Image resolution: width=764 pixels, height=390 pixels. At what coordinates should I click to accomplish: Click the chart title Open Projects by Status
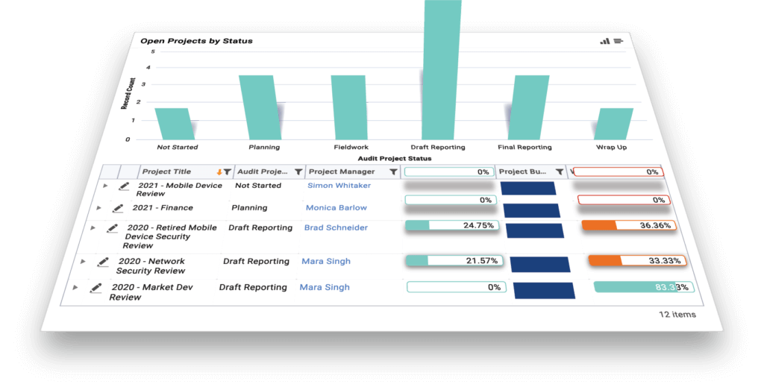click(197, 40)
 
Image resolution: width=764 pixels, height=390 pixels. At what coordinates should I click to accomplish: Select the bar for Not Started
click(172, 123)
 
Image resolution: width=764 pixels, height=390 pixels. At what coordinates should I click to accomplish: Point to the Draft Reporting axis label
click(438, 147)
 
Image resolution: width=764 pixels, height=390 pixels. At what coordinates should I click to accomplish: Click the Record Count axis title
click(126, 93)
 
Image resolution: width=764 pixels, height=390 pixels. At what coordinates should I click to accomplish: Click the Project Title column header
click(167, 172)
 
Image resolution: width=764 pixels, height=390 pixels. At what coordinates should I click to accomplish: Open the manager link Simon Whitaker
click(339, 186)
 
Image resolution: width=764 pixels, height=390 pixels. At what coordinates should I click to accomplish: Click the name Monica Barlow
click(336, 208)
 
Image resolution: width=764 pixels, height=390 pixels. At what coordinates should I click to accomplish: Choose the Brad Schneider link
click(336, 228)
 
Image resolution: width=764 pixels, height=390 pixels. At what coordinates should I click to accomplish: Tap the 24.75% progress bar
click(451, 224)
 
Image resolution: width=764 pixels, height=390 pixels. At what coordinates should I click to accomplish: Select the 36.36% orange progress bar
click(629, 225)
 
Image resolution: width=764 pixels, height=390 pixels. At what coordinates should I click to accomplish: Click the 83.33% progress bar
click(643, 287)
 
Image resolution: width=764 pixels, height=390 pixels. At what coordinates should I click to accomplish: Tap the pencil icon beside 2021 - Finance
click(117, 209)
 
